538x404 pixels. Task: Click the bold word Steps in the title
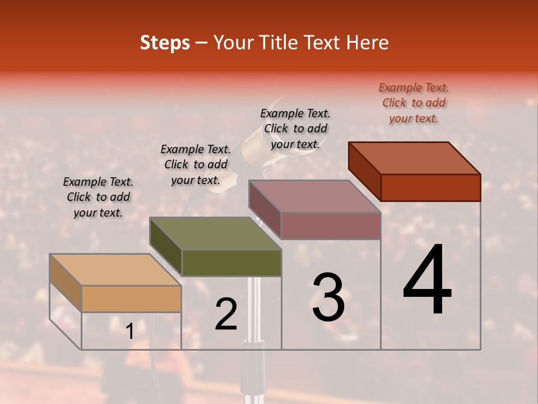[165, 43]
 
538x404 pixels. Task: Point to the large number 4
[427, 280]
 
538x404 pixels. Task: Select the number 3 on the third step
[328, 297]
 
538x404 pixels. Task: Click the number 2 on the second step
[226, 314]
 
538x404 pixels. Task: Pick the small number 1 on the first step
[129, 332]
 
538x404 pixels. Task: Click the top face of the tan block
[115, 270]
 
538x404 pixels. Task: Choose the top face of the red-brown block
[415, 158]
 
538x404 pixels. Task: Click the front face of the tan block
[131, 299]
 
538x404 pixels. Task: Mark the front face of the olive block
[231, 263]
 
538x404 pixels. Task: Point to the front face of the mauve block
[331, 226]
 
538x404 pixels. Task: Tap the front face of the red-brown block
[430, 187]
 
